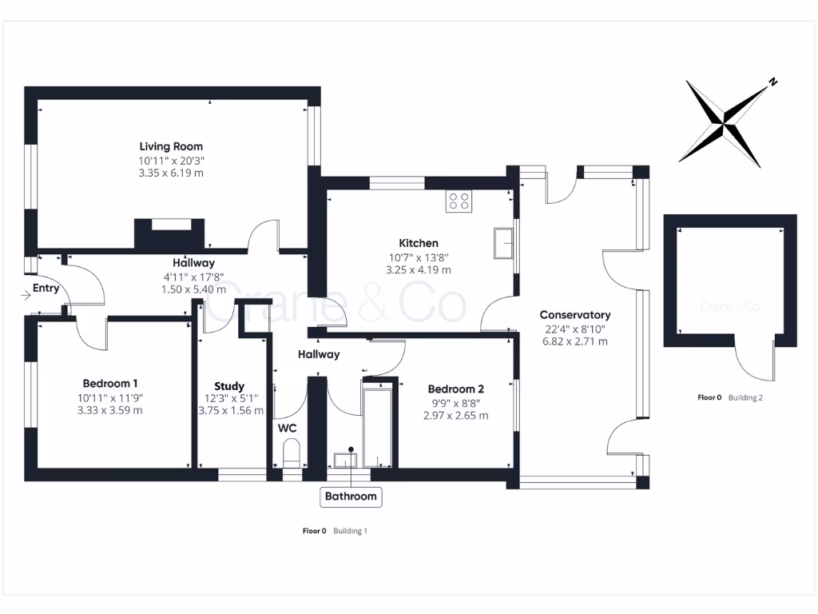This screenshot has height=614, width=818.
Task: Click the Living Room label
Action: click(171, 147)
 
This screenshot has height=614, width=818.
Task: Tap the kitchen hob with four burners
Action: click(459, 201)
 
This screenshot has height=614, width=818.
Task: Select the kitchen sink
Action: click(503, 243)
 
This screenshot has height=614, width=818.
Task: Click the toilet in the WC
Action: click(291, 453)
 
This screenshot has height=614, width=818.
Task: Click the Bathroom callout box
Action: click(351, 496)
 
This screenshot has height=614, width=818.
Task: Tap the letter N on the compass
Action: click(773, 82)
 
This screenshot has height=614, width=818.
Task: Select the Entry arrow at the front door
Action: click(26, 296)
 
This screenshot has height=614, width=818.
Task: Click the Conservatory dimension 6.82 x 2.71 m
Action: click(575, 341)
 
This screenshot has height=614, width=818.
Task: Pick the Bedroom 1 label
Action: click(110, 384)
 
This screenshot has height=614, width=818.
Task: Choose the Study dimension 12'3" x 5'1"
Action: click(231, 398)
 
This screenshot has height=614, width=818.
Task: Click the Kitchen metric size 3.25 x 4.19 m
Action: click(419, 270)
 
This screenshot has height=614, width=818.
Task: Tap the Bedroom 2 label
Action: click(456, 389)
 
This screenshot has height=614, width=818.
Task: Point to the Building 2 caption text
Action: click(745, 397)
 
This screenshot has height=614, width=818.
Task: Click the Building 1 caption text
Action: click(350, 531)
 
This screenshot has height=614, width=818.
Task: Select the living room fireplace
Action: click(169, 234)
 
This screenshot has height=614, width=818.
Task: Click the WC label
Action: click(288, 429)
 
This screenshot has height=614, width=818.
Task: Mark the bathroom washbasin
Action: click(345, 460)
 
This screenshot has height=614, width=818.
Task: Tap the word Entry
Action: click(46, 288)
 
